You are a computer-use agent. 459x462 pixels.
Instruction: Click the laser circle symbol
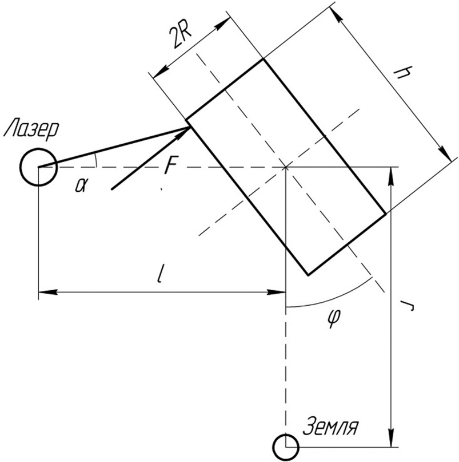click(38, 167)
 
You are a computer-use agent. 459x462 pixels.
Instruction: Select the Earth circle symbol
click(285, 445)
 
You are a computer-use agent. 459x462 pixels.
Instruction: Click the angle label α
click(82, 184)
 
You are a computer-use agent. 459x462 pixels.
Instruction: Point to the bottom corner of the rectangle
click(308, 275)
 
